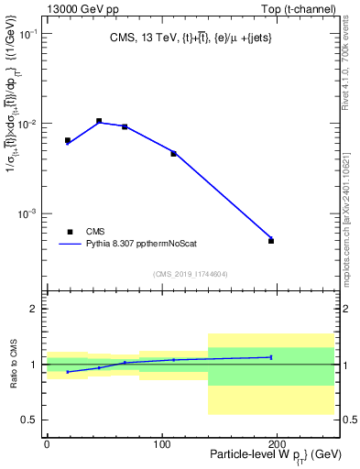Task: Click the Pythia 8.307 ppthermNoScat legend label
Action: (x=145, y=245)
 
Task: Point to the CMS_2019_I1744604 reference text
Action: (x=191, y=273)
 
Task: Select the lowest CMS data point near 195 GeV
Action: (x=271, y=241)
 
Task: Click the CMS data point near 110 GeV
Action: (x=173, y=153)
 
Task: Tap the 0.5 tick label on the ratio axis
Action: (x=27, y=420)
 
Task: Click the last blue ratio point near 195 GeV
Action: (x=271, y=357)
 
